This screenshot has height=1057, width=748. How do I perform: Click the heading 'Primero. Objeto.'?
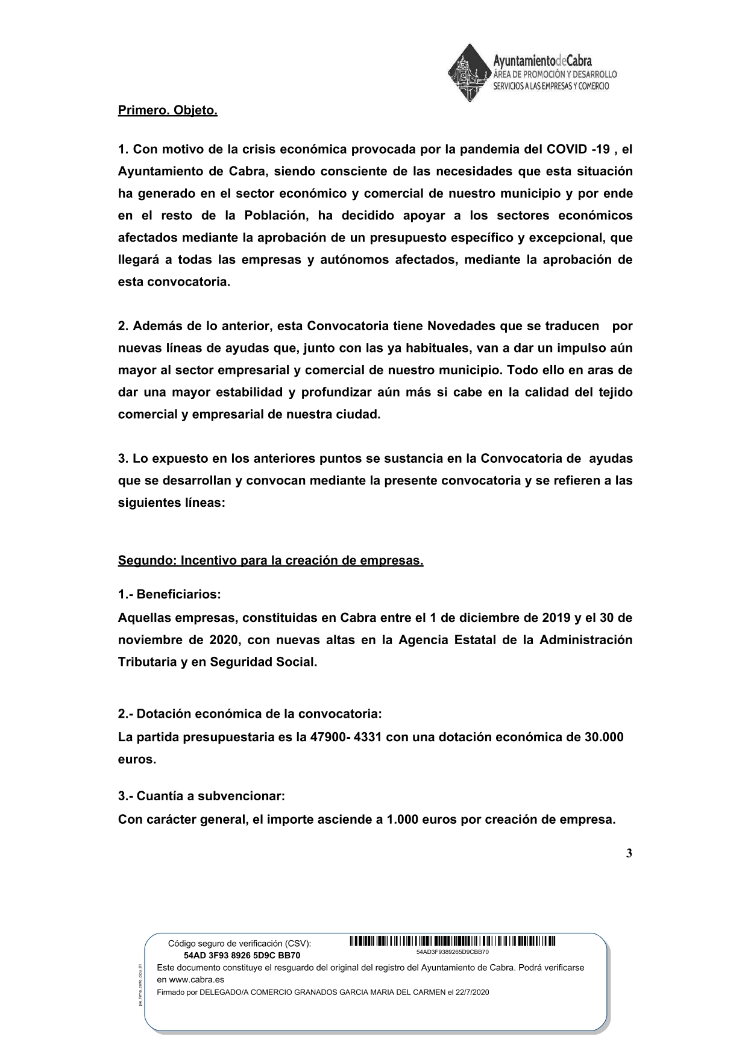(x=167, y=111)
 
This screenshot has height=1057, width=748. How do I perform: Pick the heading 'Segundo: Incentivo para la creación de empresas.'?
(x=271, y=560)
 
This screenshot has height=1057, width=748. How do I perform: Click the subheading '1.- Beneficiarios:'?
(x=169, y=594)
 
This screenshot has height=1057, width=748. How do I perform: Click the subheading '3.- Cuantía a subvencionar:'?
(x=201, y=796)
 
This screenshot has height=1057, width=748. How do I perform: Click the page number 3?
(x=629, y=853)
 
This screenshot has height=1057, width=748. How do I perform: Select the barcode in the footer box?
(x=452, y=941)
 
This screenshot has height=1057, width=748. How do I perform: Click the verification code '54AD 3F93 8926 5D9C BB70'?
(x=242, y=955)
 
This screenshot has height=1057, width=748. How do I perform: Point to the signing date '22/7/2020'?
(x=473, y=993)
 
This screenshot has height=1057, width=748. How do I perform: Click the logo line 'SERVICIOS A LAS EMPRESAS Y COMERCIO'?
(x=551, y=86)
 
